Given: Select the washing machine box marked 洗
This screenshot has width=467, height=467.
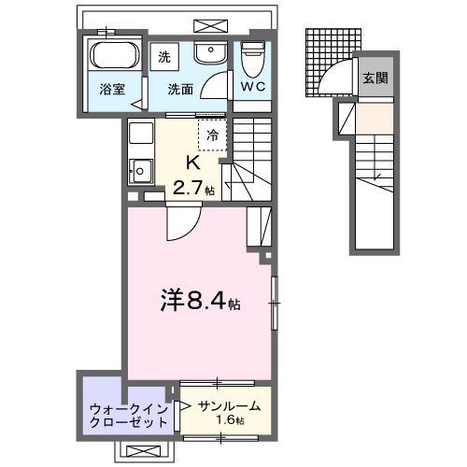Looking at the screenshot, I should click(x=164, y=55).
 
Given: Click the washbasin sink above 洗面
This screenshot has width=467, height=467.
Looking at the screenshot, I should click(x=211, y=52).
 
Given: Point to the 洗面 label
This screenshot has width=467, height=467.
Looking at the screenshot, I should click(x=180, y=90).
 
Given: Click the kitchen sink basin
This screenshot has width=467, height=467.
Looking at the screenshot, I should click(x=140, y=171).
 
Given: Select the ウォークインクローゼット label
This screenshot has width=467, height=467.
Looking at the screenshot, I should click(x=128, y=415).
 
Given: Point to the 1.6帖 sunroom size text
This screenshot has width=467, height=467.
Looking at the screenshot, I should click(x=228, y=421).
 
